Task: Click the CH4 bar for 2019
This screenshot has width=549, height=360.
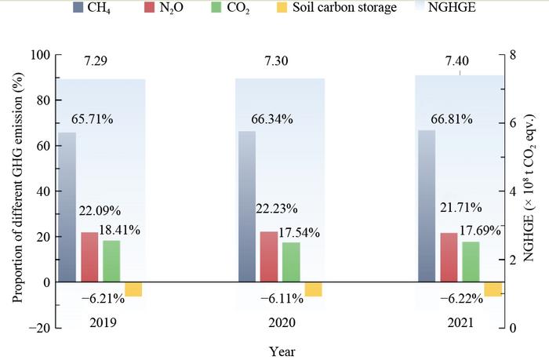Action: click(x=67, y=207)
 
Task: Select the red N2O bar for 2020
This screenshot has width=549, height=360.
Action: click(x=270, y=256)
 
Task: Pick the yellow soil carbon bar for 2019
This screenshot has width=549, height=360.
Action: click(x=133, y=289)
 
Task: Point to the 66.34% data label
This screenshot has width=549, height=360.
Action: click(x=272, y=119)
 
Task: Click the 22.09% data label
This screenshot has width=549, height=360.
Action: click(x=98, y=210)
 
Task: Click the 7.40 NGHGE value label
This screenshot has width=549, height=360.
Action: click(x=459, y=60)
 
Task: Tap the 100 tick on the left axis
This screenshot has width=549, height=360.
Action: click(x=39, y=55)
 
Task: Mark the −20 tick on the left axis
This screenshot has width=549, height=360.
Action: click(x=36, y=328)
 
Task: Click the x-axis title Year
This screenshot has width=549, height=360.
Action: click(x=282, y=351)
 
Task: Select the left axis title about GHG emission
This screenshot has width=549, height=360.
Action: click(x=16, y=191)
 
